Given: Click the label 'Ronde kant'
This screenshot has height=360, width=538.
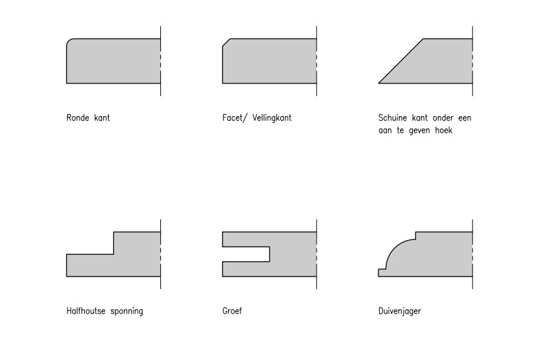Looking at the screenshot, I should click(88, 118).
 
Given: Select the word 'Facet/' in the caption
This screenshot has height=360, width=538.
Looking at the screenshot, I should click(234, 118).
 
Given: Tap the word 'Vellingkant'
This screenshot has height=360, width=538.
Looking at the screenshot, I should click(272, 118).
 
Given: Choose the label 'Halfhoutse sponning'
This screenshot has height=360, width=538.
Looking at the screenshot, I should click(105, 310).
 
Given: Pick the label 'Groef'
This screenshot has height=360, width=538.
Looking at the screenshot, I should click(233, 310).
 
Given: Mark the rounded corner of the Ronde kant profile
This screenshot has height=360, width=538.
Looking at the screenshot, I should click(70, 42).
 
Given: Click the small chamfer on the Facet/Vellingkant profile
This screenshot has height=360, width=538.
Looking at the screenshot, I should click(226, 42).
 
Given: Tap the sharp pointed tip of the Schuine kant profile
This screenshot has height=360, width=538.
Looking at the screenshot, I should click(380, 82).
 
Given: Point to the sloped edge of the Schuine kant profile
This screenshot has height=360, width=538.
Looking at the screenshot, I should click(401, 61).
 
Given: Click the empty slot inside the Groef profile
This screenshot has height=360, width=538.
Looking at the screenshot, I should click(245, 254).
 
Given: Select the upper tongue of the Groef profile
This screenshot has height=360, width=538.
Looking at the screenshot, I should click(245, 239).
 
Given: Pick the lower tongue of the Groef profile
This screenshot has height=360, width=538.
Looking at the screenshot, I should click(245, 269).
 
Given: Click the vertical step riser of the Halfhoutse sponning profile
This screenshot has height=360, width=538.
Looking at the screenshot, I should click(113, 243).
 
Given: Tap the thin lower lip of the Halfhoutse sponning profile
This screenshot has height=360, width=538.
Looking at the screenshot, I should click(89, 265).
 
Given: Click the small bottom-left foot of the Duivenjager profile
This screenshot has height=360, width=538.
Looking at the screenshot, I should click(382, 272).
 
